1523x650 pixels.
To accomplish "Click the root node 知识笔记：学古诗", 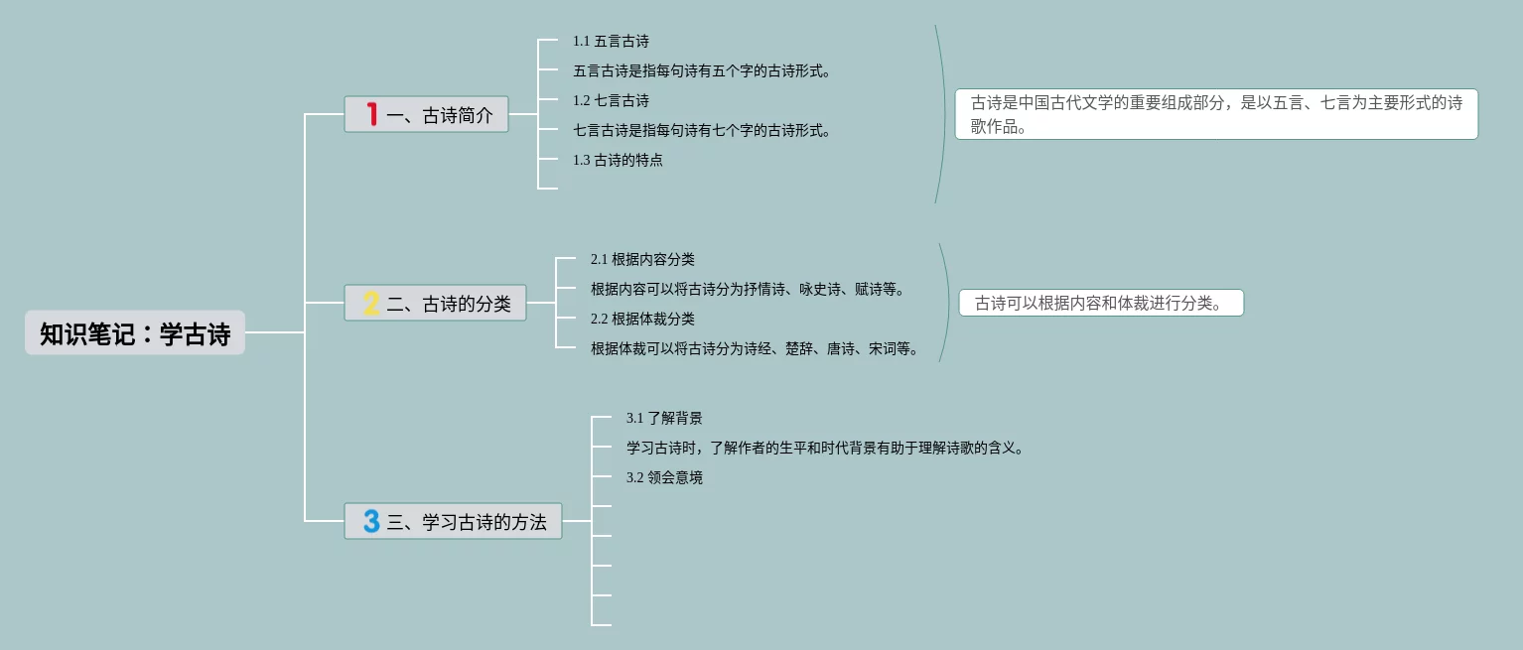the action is pos(135,333).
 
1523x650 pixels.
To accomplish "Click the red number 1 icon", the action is pos(372,115).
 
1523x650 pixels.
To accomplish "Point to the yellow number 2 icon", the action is pos(372,304).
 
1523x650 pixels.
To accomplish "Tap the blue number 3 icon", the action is pos(371,521).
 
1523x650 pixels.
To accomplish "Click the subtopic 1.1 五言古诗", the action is pos(611,42).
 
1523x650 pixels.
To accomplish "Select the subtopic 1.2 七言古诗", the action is pos(611,101).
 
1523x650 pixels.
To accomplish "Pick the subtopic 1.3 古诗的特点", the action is pos(618,161).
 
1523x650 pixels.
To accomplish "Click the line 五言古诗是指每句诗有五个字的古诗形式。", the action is pos(702,71).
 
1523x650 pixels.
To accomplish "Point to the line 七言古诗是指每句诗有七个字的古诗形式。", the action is pos(702,131).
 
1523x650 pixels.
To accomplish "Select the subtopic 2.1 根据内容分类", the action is pos(642,260).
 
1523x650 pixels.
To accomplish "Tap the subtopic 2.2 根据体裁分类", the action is pos(642,320).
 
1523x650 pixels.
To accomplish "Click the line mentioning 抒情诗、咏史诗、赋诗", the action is pos(749,290).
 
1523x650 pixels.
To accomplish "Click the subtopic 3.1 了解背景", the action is pos(664,419).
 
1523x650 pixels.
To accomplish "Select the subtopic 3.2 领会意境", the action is pos(664,478).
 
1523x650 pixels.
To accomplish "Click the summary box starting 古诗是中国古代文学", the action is pos(1216,114).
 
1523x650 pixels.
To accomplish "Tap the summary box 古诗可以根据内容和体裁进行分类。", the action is pos(1100,304).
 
